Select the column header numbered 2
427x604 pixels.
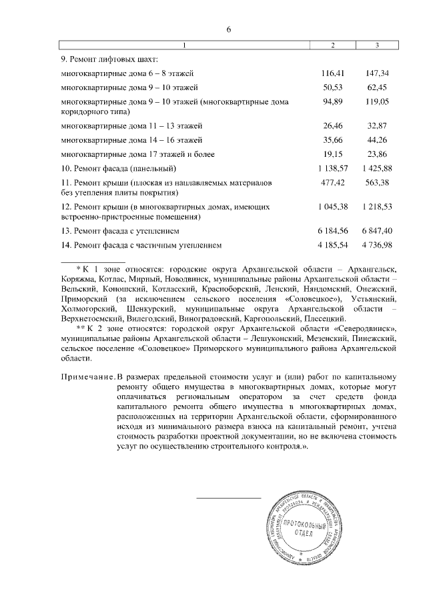tap(333, 45)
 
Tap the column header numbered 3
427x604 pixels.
tap(377, 45)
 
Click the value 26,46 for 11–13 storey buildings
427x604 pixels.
tap(333, 125)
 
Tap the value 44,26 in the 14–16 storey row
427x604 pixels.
tap(378, 139)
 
